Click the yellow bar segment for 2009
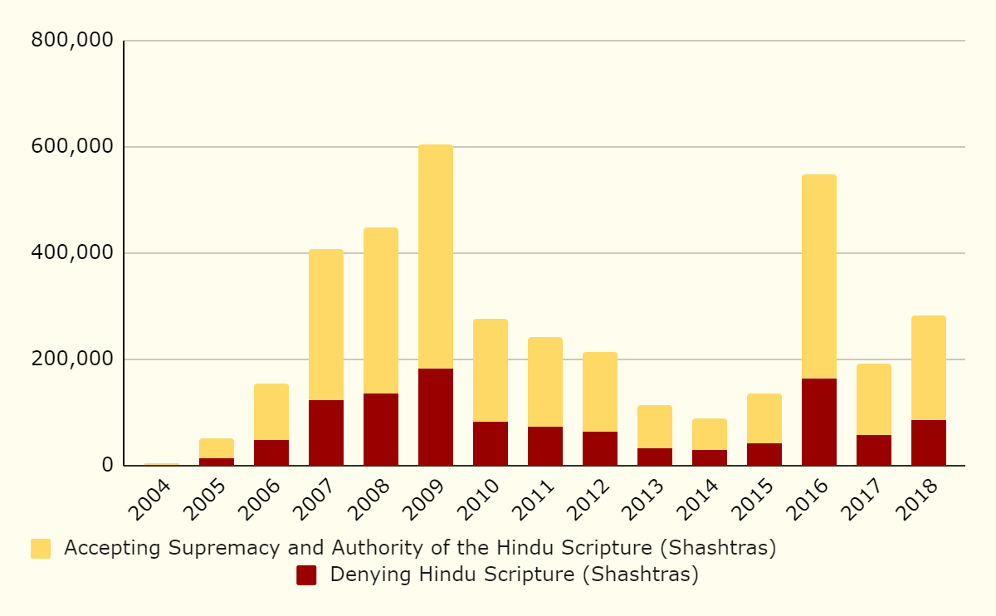(436, 257)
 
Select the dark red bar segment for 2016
(819, 422)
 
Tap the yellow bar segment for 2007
(326, 325)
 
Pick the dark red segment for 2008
(381, 429)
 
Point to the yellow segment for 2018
(929, 368)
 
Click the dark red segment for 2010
(491, 443)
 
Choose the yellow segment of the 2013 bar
(655, 427)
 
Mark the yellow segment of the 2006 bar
(271, 412)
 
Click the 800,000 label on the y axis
(71, 41)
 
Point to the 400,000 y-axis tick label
(71, 253)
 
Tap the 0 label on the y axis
(107, 466)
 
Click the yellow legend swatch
(41, 549)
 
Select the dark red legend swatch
(306, 575)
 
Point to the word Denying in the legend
(364, 575)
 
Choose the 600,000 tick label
(71, 147)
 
